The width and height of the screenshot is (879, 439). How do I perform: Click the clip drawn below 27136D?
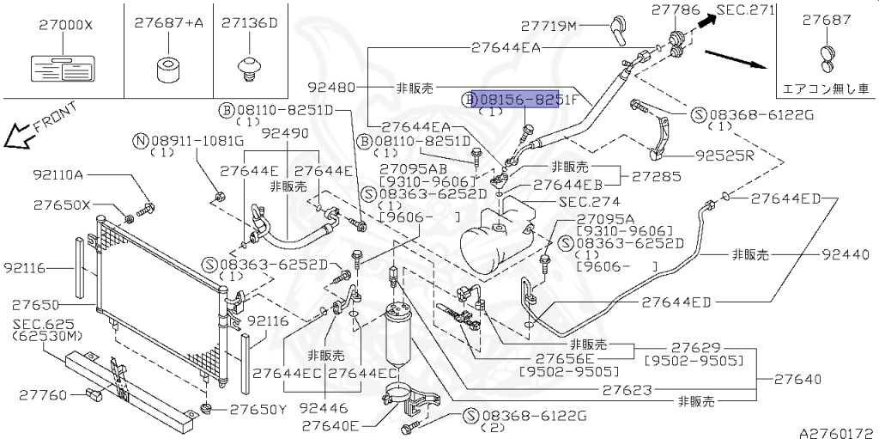coord(250,68)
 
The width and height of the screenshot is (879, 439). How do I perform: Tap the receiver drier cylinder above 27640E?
coord(402,339)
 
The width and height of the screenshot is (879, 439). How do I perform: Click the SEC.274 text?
coord(585,203)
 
